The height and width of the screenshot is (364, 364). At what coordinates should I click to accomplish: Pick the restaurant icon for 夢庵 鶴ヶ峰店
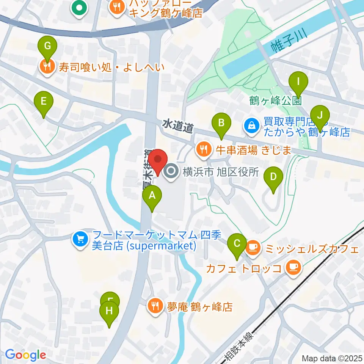155,306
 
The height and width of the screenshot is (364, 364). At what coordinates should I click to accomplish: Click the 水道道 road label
178,126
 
